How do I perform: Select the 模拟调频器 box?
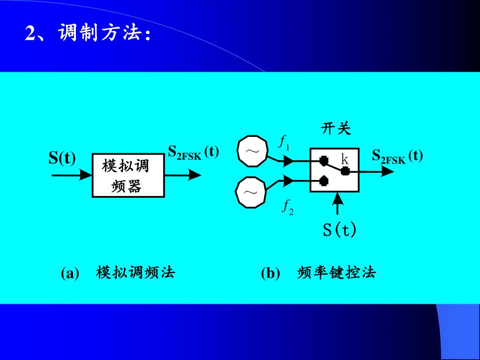pos(128,175)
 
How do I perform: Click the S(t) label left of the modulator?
pos(62,158)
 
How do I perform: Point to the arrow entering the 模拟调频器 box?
pos(73,175)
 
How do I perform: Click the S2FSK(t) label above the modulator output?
pos(193,152)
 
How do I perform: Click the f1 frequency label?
pos(285,142)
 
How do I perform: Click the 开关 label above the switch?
pos(336,129)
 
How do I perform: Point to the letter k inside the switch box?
pos(345,159)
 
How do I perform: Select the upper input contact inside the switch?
pos(323,161)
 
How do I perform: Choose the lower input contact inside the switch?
pos(323,180)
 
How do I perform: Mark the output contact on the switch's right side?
pos(345,171)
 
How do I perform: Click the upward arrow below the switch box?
pos(337,203)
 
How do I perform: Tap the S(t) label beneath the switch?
pos(339,230)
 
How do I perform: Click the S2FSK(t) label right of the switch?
pos(397,156)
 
